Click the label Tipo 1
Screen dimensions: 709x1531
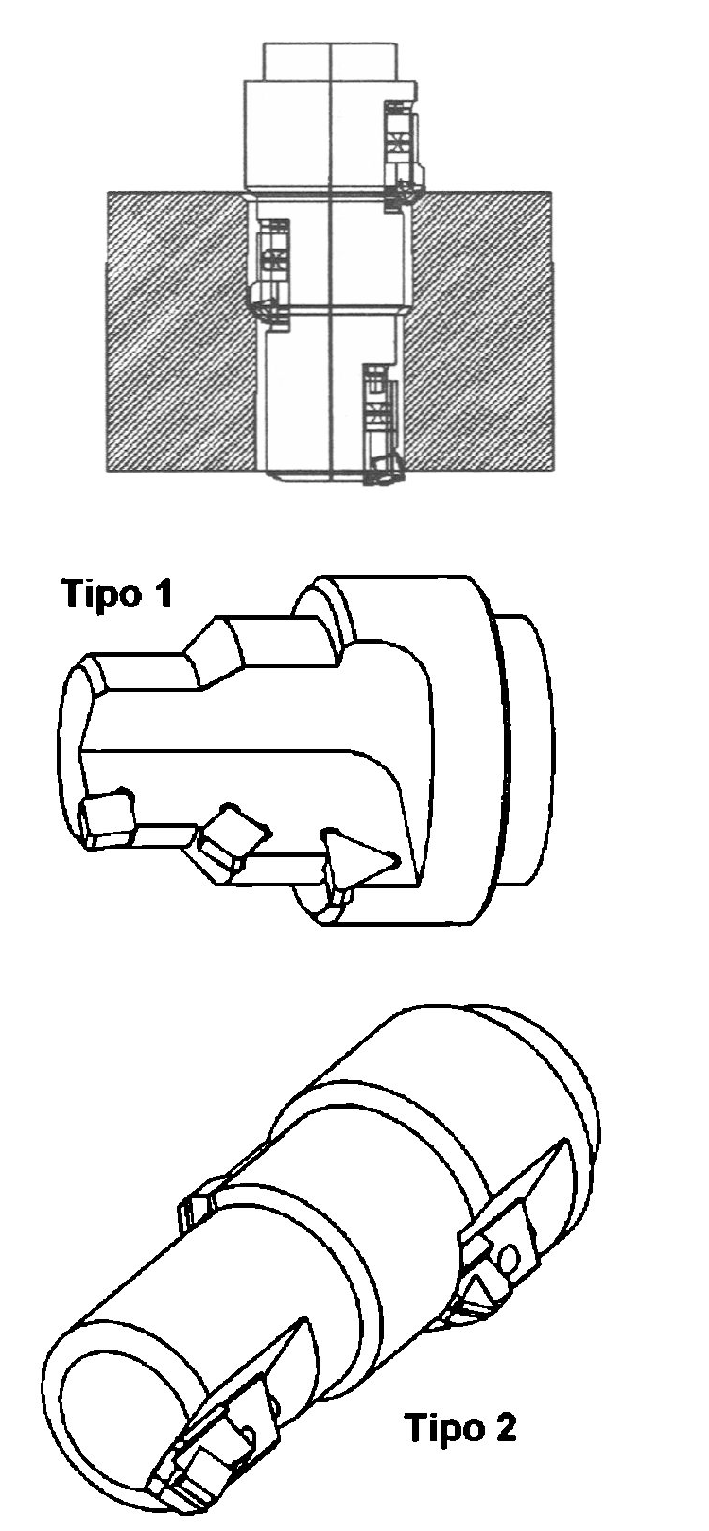tap(116, 593)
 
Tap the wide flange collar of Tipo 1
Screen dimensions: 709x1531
tap(417, 749)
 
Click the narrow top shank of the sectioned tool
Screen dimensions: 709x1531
tap(330, 61)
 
